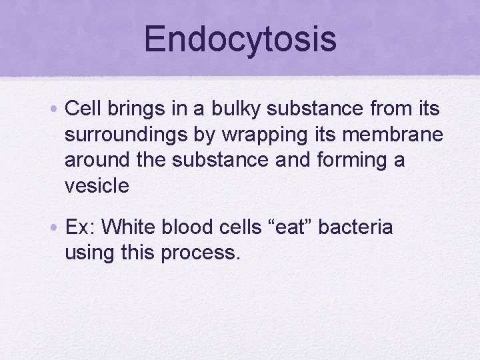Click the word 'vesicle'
click(97, 185)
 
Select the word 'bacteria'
click(355, 227)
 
